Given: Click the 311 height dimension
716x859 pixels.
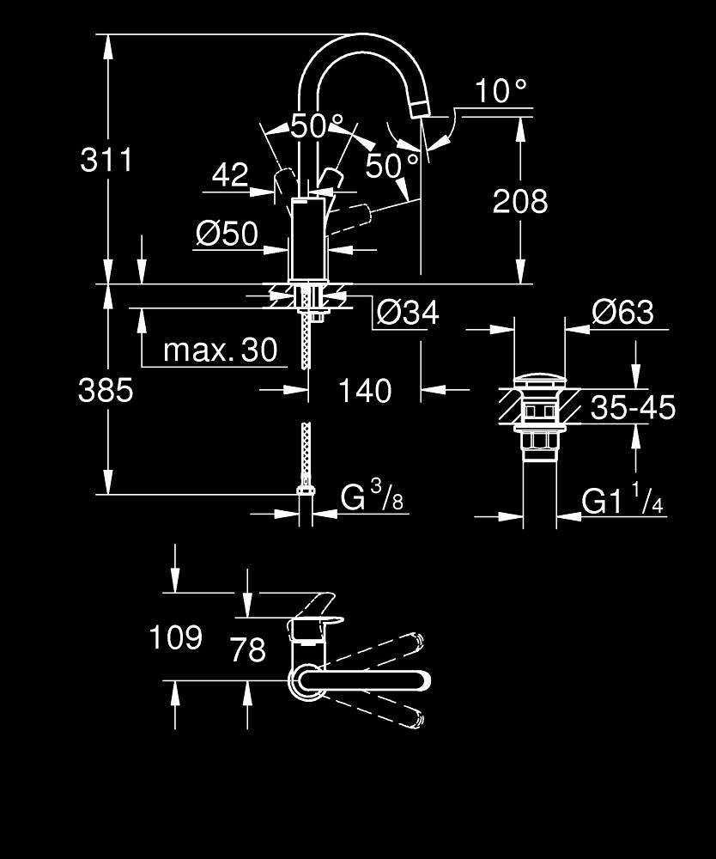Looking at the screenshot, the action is point(106,160).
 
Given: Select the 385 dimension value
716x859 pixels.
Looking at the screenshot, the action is point(106,391).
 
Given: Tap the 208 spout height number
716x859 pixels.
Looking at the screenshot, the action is point(520,201).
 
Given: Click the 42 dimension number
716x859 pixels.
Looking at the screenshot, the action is point(230,174).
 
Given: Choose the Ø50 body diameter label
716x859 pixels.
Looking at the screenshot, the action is point(228,234).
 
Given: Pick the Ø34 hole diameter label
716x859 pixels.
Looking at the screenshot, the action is point(408,313).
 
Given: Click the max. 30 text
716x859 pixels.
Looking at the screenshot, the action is point(221,350).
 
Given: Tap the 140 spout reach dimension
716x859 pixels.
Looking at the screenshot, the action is point(365,391).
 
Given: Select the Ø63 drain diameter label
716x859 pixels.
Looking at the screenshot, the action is point(623,313).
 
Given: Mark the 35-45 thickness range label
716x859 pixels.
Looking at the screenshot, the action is point(634,407).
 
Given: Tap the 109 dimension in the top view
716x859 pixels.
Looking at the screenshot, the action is point(176,637).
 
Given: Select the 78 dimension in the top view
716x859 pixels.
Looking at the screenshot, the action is point(248,649).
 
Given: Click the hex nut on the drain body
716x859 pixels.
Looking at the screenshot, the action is point(539,441).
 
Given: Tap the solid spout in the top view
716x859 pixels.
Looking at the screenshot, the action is point(363,679).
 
